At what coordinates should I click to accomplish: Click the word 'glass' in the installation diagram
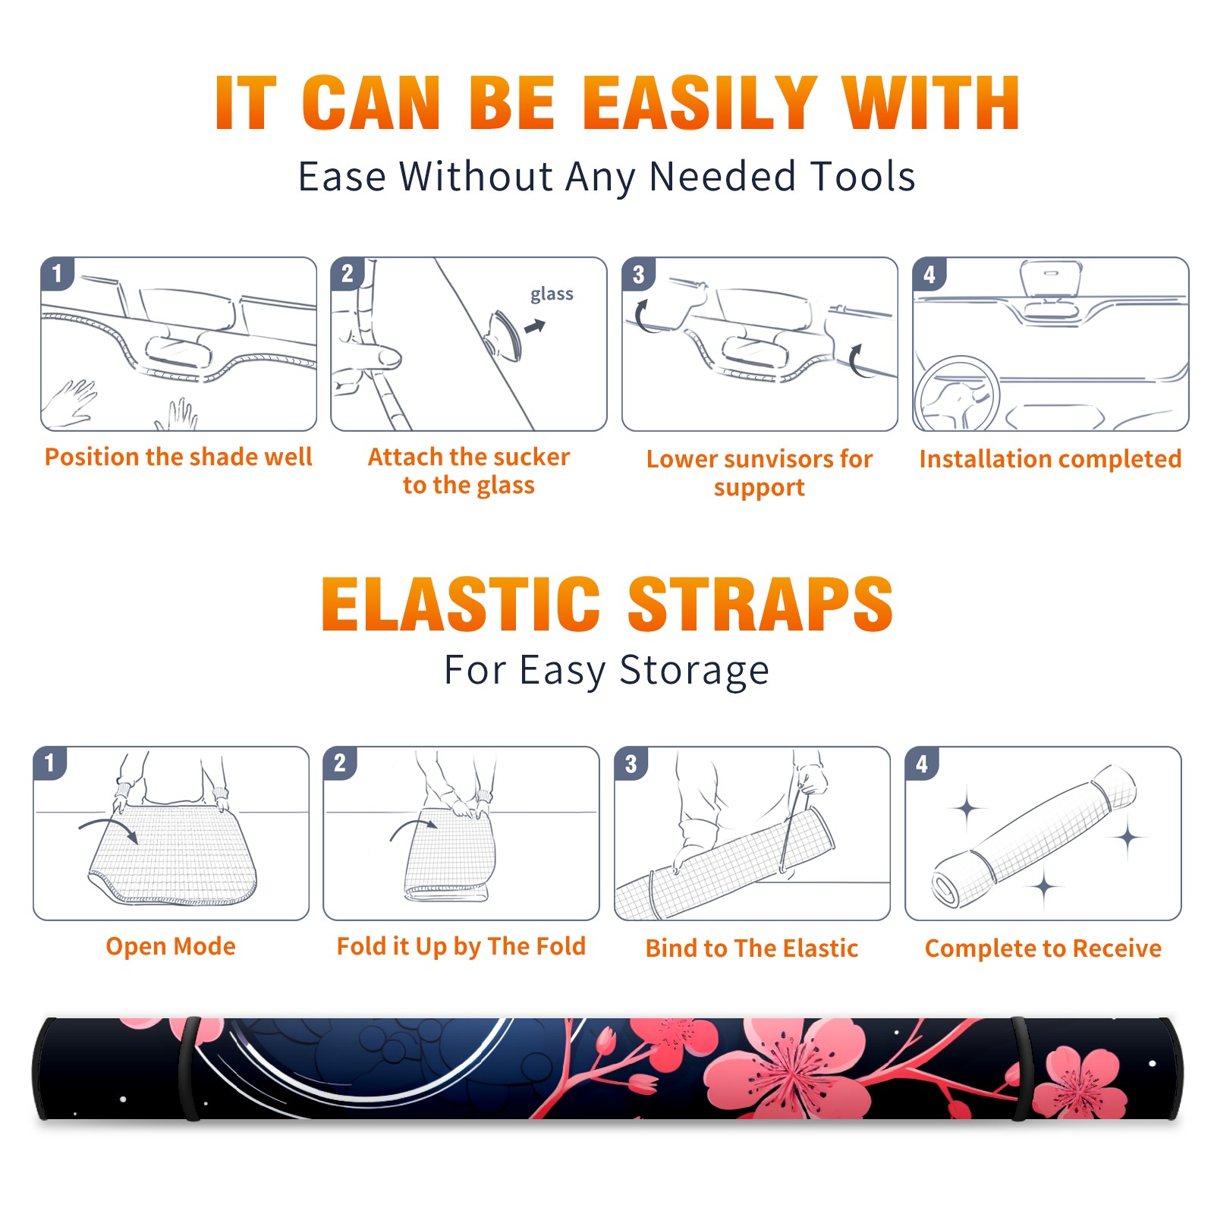pyautogui.click(x=552, y=294)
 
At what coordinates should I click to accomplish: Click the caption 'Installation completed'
pyautogui.click(x=1050, y=458)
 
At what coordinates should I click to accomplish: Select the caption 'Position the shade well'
pyautogui.click(x=178, y=457)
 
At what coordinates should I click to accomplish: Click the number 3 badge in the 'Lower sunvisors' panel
pyautogui.click(x=637, y=274)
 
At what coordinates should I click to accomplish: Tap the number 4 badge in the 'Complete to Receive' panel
pyautogui.click(x=921, y=763)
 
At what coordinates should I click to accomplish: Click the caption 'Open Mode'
pyautogui.click(x=171, y=946)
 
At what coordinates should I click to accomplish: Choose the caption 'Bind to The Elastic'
pyautogui.click(x=752, y=948)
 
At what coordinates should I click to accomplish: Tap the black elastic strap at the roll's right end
pyautogui.click(x=1021, y=1068)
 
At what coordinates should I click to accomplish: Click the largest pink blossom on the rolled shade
pyautogui.click(x=789, y=1068)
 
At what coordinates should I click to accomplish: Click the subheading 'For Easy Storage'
pyautogui.click(x=607, y=670)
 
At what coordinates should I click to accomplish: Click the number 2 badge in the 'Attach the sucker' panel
pyautogui.click(x=347, y=274)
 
